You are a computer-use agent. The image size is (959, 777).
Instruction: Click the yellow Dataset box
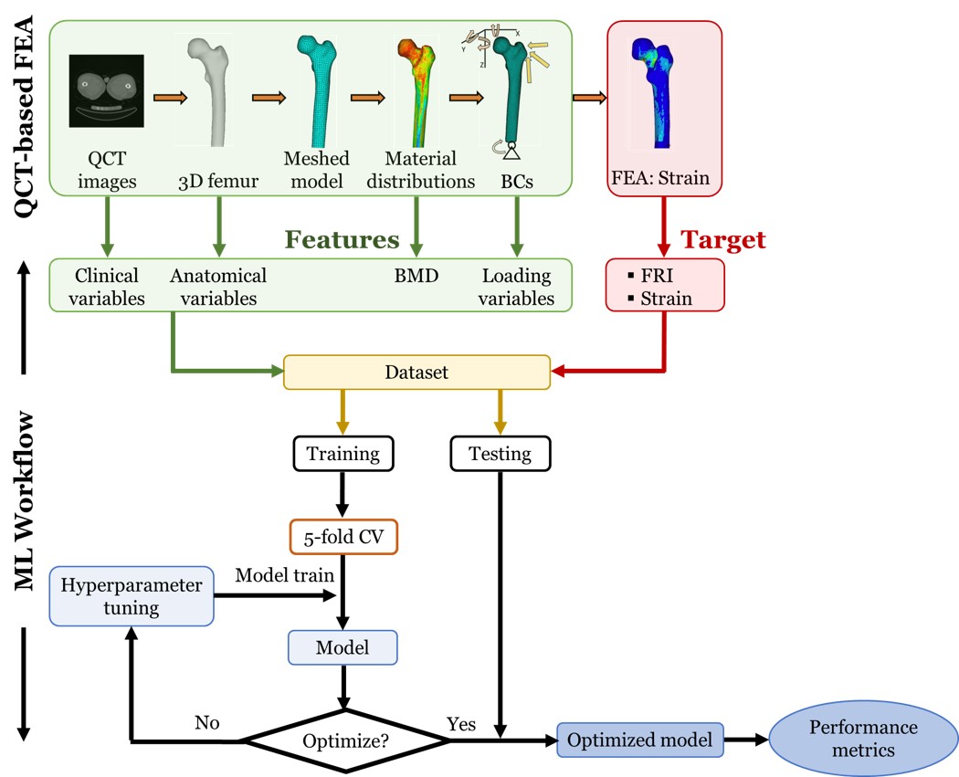tap(416, 373)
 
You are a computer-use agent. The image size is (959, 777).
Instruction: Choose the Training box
tap(342, 453)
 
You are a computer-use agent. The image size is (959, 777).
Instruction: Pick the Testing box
tap(502, 453)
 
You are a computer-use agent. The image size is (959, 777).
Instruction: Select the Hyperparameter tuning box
tap(131, 596)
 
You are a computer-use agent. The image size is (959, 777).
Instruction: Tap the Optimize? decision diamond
tap(345, 740)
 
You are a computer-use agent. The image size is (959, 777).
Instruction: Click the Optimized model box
tap(639, 740)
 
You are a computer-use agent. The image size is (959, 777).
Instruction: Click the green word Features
tap(342, 239)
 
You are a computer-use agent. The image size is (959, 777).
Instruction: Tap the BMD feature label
tap(416, 276)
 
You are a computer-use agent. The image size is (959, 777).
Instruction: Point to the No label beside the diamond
tap(206, 722)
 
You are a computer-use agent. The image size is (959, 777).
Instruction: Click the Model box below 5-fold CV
tap(342, 647)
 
